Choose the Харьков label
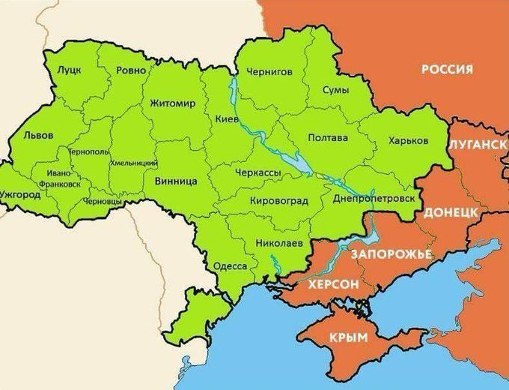408,140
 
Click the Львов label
38,137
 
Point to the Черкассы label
258,173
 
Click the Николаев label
278,244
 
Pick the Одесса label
230,265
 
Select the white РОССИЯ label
447,69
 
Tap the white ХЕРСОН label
323,285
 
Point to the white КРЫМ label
348,338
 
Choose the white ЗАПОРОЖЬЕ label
391,254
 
